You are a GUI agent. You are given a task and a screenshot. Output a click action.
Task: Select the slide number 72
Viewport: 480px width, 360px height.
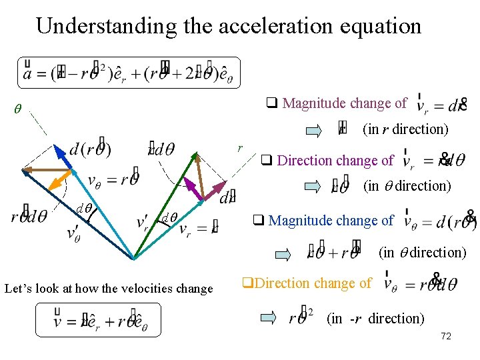tap(446, 336)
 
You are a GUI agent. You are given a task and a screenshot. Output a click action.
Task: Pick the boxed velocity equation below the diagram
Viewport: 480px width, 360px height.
tap(98, 320)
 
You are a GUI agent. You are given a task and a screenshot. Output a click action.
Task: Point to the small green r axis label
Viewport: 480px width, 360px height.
tap(241, 147)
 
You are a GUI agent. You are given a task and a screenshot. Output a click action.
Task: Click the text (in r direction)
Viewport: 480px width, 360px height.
tap(405, 129)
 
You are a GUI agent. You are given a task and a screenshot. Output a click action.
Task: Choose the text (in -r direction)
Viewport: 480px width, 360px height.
tap(375, 319)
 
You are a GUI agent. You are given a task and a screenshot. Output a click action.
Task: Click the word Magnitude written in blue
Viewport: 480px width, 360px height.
tap(301, 220)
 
